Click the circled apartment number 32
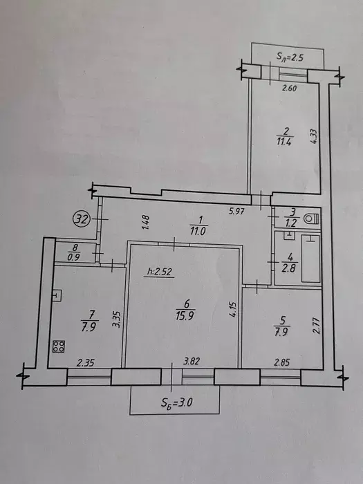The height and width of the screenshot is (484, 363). (81, 219)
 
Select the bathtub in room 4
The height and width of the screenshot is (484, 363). (310, 259)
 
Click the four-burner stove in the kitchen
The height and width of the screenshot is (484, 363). (58, 346)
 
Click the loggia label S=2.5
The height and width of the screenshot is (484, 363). (288, 57)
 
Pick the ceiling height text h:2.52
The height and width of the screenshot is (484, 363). (160, 272)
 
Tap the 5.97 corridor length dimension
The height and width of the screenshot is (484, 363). (236, 212)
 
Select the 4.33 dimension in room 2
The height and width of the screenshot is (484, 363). (314, 136)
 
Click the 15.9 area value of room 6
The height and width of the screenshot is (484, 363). (185, 316)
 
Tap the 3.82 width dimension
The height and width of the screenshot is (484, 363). (192, 361)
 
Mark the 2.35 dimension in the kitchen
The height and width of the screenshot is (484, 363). (84, 363)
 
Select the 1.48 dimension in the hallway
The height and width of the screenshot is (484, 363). (147, 222)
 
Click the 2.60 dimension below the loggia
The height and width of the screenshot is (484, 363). (290, 89)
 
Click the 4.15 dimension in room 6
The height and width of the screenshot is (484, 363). (233, 309)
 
